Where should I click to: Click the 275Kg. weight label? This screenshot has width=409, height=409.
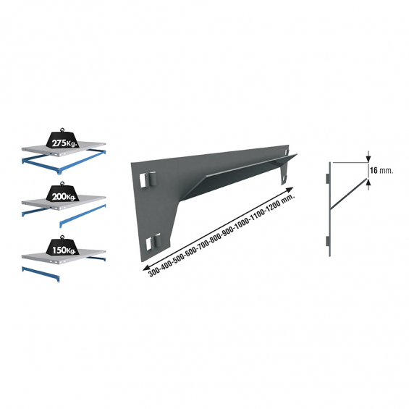coord(64,143)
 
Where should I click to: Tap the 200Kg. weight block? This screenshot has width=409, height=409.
coord(62,193)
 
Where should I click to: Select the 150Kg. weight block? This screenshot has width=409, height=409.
coord(62,247)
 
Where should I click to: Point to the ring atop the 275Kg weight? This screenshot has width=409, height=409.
coord(62,130)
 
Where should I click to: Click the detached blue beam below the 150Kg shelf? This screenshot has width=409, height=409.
coord(41,274)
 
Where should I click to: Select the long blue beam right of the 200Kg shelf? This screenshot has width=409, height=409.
coord(83,216)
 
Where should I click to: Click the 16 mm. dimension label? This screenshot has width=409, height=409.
coord(381,170)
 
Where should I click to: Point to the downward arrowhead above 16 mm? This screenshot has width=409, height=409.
coord(368,159)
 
